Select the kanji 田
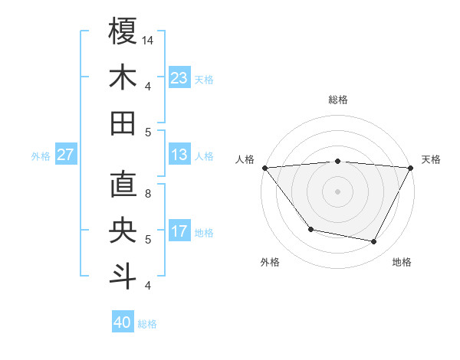(123, 123)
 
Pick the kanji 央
(123, 231)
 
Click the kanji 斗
(123, 277)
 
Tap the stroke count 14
(148, 40)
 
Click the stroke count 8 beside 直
(148, 194)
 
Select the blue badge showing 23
(179, 78)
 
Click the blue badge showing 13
(179, 155)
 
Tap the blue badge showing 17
(179, 231)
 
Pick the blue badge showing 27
(65, 155)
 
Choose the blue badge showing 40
(123, 322)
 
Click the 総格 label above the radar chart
(337, 100)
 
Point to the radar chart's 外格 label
(270, 262)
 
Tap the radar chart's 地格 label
(402, 262)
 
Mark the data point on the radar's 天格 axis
(409, 168)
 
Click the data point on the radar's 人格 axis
(265, 168)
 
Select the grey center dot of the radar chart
(337, 191)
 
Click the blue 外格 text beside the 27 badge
(41, 155)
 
